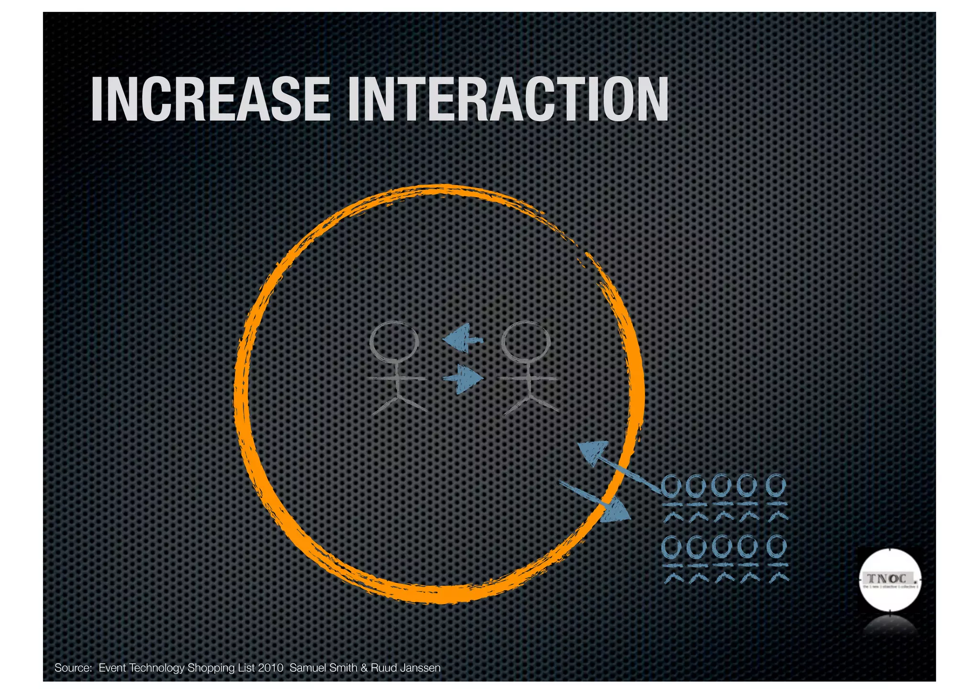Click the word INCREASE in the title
[x=211, y=99]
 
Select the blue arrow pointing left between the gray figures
[x=462, y=338]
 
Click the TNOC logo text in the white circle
[x=890, y=578]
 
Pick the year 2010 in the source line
[x=270, y=668]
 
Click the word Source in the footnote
[x=73, y=668]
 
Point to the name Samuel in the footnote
[x=305, y=668]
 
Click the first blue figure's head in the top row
[x=671, y=487]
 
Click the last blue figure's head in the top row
[x=776, y=486]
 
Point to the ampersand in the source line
[x=364, y=668]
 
